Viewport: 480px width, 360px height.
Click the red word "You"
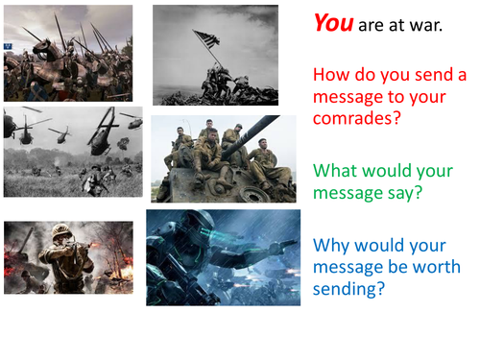332,23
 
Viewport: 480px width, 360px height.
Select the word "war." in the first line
425,25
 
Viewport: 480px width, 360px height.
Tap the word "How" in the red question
330,75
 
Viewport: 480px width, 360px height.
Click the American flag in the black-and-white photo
204,39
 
